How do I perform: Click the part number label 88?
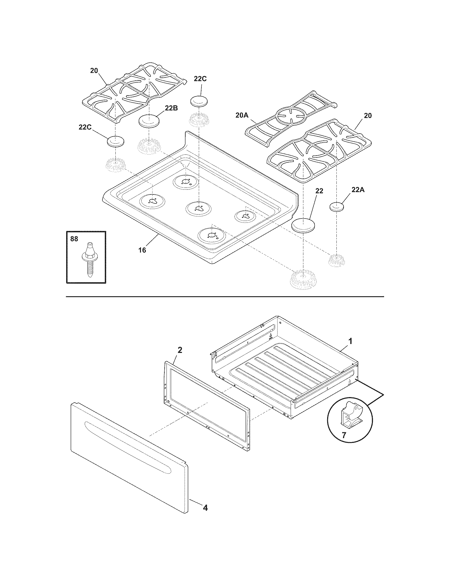(x=74, y=239)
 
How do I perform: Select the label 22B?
(x=171, y=108)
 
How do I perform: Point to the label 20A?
(x=242, y=115)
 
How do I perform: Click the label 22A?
(x=358, y=190)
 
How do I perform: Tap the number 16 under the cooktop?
(x=142, y=250)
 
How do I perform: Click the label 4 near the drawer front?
(x=205, y=515)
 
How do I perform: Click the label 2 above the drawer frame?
(x=180, y=350)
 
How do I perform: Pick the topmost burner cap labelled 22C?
(x=199, y=101)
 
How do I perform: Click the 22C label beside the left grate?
(x=85, y=128)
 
